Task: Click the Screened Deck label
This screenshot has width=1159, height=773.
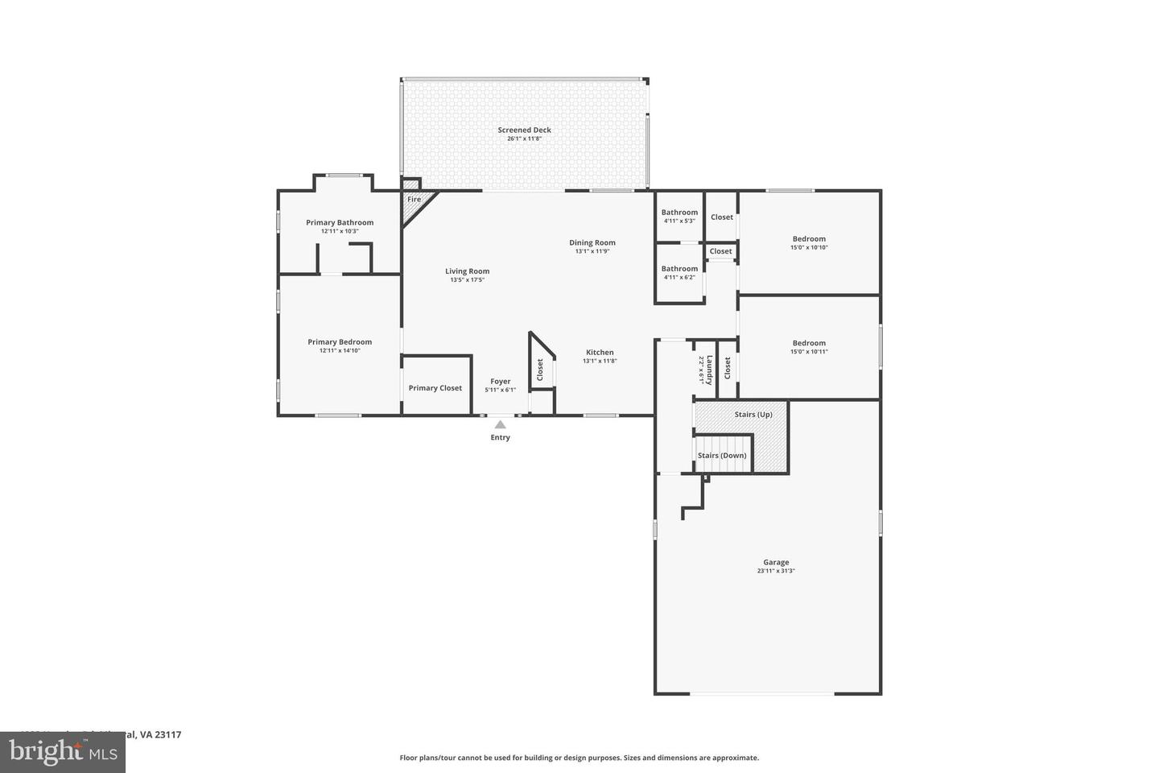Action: (x=524, y=130)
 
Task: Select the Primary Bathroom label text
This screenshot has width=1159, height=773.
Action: (x=340, y=222)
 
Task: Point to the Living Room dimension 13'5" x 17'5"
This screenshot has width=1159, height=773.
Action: (x=467, y=280)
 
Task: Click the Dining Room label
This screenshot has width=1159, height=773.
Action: (x=592, y=242)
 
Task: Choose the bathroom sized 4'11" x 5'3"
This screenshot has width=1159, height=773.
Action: (x=679, y=217)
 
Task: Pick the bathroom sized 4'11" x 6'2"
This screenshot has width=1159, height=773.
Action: (x=679, y=273)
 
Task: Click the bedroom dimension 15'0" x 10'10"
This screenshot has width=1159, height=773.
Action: (x=809, y=247)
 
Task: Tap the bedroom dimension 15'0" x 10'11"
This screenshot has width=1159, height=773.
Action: (x=809, y=352)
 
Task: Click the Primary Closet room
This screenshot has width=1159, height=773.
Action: (x=435, y=387)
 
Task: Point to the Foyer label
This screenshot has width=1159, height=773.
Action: (x=501, y=381)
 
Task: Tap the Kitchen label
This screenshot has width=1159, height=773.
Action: (x=600, y=352)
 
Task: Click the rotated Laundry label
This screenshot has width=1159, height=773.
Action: (x=710, y=369)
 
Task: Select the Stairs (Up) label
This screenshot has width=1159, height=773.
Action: (x=753, y=415)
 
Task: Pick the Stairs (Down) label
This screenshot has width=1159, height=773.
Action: (x=722, y=455)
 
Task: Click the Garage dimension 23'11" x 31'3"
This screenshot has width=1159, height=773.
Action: (x=776, y=571)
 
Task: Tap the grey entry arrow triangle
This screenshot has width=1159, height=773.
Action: (x=500, y=424)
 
